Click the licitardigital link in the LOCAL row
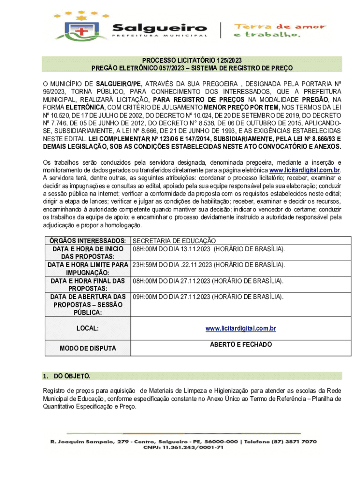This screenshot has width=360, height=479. (x=240, y=329)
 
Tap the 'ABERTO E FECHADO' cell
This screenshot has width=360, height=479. (x=240, y=345)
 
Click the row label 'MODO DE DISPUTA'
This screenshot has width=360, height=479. (x=88, y=348)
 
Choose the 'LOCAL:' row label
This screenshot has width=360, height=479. (x=88, y=329)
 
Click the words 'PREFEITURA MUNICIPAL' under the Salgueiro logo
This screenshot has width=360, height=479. (x=159, y=36)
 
